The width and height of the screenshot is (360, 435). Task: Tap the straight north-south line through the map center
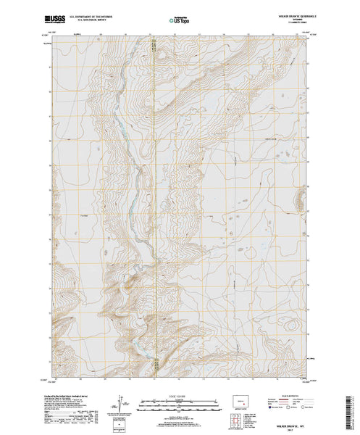click(x=154, y=217)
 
